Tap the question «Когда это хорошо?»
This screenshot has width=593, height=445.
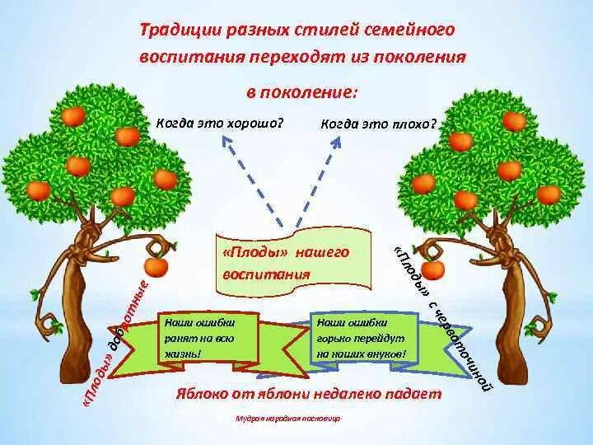(219, 122)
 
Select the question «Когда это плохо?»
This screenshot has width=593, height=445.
(378, 124)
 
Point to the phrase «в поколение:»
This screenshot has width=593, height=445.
(302, 91)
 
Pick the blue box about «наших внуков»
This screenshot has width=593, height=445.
(362, 338)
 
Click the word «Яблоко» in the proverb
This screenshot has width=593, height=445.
(201, 393)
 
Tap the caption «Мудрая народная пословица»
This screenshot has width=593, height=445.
(287, 419)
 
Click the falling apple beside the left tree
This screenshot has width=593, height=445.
(156, 266)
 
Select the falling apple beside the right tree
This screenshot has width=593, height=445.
(433, 269)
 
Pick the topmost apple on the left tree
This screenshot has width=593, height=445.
(73, 115)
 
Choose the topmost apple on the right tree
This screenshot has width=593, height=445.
(514, 121)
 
